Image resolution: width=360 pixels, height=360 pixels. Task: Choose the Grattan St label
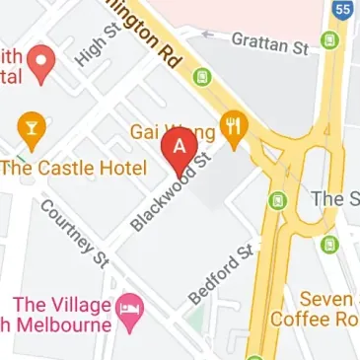[x=269, y=42]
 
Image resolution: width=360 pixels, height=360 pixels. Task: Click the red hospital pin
[x=40, y=61]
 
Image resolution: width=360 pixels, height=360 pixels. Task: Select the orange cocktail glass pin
[x=31, y=127]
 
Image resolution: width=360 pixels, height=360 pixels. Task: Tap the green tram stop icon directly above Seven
[x=329, y=244]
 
